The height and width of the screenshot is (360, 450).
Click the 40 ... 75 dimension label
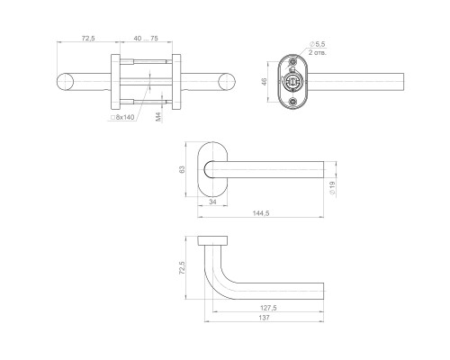point(146,39)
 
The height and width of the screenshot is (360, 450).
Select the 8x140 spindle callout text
point(122,117)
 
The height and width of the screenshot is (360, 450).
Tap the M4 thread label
point(159,117)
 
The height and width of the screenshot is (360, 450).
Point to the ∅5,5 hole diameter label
point(318,44)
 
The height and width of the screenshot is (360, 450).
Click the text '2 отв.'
point(318,52)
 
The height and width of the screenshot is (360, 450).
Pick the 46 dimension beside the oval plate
point(265,82)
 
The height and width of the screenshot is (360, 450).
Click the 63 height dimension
point(182,169)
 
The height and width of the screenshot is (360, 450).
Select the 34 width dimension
point(212,202)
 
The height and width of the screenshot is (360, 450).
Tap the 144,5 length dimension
point(261,213)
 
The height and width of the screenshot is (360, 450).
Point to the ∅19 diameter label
point(332,188)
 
